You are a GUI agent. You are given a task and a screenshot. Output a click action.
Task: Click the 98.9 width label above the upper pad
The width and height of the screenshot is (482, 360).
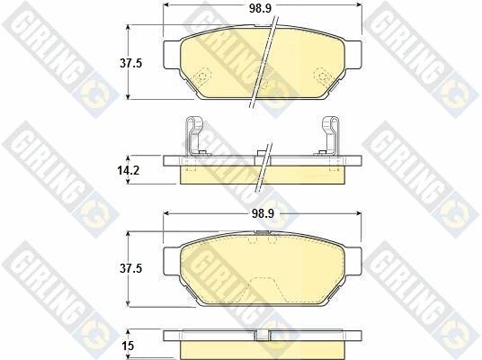260,9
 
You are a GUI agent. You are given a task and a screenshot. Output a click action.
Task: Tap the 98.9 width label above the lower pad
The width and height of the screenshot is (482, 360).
263,213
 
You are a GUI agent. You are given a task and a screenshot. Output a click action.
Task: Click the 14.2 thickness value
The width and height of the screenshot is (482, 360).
129,170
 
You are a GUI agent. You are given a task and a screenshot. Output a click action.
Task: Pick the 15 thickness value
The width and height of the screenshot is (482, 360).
128,346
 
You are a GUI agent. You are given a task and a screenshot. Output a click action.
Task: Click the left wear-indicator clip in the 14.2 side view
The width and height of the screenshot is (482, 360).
195,135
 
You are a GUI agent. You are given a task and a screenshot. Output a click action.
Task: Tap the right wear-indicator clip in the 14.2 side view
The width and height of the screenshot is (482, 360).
329,135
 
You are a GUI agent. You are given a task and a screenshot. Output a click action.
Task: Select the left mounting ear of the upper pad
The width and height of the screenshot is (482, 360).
172,55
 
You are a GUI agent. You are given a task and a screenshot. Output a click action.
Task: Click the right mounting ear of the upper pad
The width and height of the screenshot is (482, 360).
353,55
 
